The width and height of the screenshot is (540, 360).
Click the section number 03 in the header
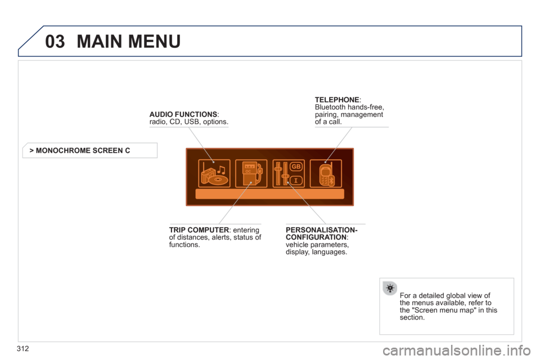[55, 41]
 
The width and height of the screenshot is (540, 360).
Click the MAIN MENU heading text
[128, 41]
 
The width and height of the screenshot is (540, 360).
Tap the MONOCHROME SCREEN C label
[83, 151]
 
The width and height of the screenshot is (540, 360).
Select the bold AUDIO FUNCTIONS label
[183, 114]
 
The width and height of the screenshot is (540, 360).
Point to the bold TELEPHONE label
[337, 100]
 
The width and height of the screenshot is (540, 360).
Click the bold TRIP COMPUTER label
[199, 229]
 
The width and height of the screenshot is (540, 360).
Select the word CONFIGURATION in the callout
[316, 237]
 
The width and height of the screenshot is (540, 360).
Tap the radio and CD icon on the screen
[214, 173]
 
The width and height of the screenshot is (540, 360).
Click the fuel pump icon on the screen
[251, 173]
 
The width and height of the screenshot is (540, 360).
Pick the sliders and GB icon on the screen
[289, 173]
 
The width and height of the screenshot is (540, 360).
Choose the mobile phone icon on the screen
[326, 173]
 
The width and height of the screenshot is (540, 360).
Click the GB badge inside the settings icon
[296, 166]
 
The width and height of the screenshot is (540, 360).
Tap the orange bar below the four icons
[269, 194]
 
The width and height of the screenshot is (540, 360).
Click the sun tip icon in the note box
[390, 288]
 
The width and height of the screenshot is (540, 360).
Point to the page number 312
[22, 349]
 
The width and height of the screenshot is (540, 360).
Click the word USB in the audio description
[191, 122]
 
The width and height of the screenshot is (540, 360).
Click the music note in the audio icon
[220, 169]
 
